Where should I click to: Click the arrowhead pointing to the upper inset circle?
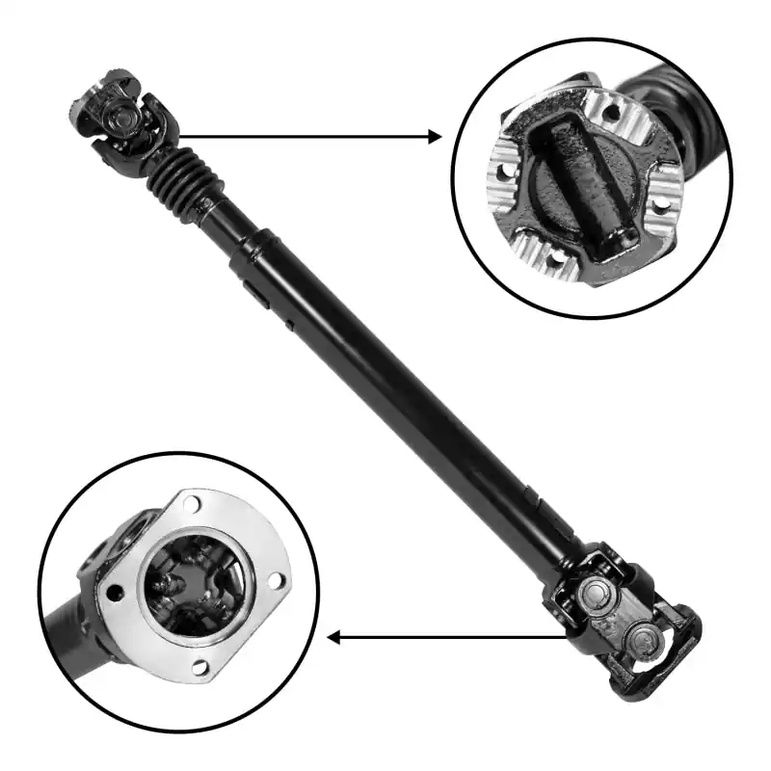point(435,137)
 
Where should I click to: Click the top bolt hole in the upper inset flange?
point(609,113)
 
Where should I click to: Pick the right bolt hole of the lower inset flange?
point(276,580)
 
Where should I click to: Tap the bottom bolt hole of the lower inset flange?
point(199,666)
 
